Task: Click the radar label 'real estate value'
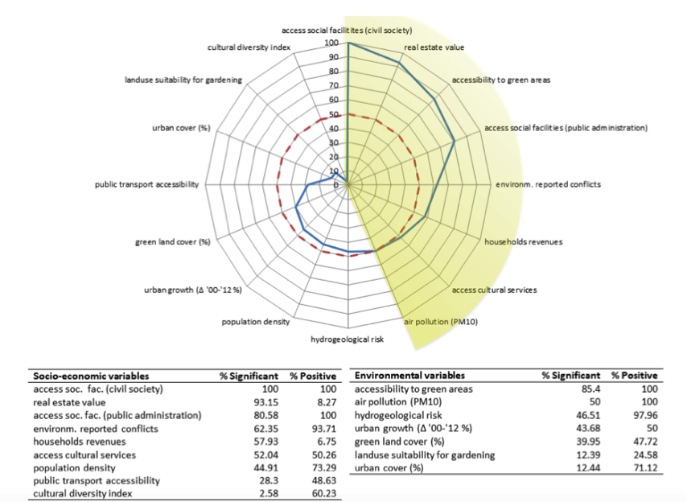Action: [x=434, y=47]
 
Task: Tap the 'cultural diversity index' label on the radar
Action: [x=249, y=47]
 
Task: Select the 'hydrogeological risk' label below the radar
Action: [x=348, y=339]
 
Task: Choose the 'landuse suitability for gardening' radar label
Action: [x=183, y=80]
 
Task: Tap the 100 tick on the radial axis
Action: [x=331, y=43]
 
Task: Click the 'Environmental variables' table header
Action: [x=409, y=376]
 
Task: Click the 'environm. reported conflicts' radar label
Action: [x=547, y=185]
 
